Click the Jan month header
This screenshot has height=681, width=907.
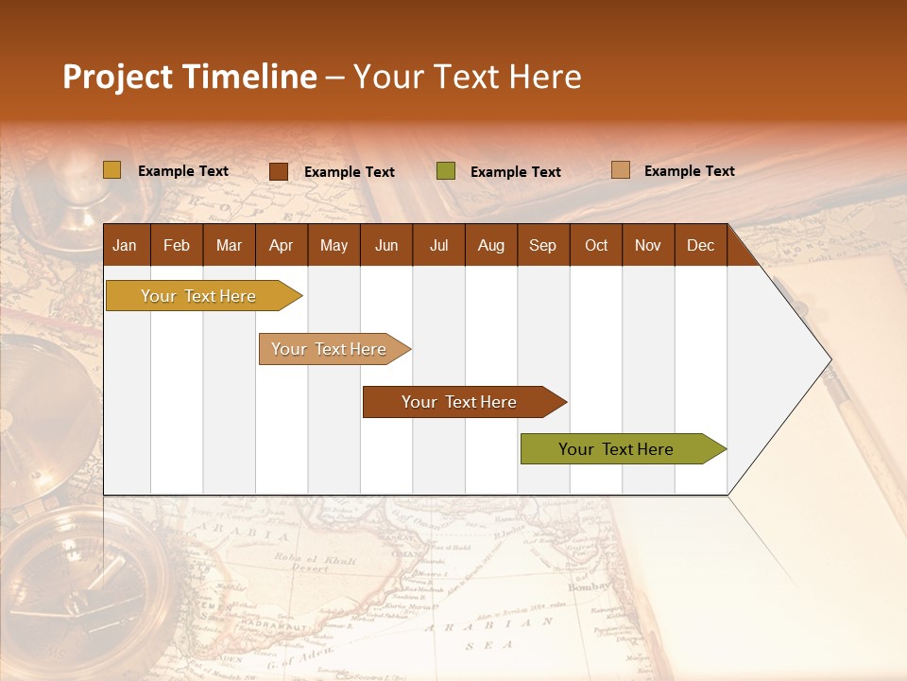click(x=126, y=245)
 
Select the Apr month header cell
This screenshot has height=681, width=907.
click(x=281, y=245)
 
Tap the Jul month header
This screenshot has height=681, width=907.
click(x=438, y=245)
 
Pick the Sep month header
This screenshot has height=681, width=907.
click(x=542, y=245)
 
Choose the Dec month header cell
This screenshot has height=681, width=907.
click(x=700, y=245)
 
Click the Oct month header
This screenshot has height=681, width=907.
click(x=595, y=245)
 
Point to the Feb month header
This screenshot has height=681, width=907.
click(x=177, y=245)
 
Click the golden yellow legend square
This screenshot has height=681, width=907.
click(x=111, y=170)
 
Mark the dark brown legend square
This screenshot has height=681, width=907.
click(x=278, y=171)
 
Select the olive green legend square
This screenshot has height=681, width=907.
click(x=445, y=171)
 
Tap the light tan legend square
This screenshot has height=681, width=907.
click(x=620, y=170)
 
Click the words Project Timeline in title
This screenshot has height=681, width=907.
click(x=189, y=77)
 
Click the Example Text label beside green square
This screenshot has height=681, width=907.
click(x=515, y=172)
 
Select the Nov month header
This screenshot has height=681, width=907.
click(x=647, y=245)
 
